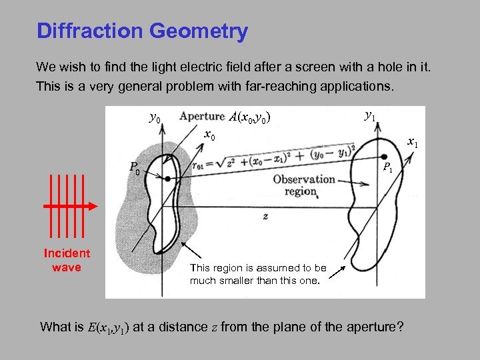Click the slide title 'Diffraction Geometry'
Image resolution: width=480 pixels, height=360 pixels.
pos(142,31)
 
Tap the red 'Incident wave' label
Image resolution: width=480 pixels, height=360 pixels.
pos(67,260)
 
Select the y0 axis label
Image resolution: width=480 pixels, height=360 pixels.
pos(154,119)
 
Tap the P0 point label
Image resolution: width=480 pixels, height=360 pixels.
pos(135,167)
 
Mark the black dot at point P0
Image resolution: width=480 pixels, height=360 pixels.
pos(167,179)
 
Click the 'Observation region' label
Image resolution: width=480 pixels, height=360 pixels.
pos(303,185)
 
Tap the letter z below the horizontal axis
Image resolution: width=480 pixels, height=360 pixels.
pos(265,217)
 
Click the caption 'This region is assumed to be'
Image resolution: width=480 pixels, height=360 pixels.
pos(258,268)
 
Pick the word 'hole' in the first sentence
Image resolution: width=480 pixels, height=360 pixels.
pos(361,67)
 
